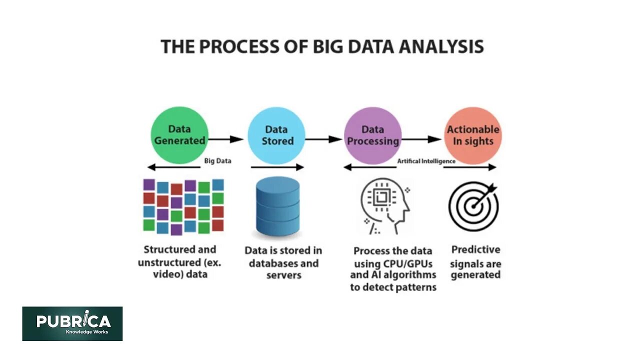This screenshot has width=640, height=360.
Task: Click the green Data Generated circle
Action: [179, 135]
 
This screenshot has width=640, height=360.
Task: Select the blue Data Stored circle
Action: [276, 135]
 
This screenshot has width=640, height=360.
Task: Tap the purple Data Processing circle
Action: [373, 135]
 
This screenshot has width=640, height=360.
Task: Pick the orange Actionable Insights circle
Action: [472, 135]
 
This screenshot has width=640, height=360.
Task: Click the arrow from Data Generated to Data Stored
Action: [225, 139]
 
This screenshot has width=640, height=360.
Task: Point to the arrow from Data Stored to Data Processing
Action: [323, 139]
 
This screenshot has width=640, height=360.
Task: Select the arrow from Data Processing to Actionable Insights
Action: [421, 139]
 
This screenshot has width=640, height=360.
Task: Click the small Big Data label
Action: [217, 161]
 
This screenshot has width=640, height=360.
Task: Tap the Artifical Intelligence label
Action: [426, 161]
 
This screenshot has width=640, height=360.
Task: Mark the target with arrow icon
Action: [473, 205]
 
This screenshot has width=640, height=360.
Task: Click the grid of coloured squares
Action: [183, 206]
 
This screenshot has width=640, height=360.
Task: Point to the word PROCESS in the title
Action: [230, 46]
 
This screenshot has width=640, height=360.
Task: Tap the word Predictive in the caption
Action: [475, 249]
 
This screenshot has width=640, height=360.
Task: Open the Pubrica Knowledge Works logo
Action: [72, 323]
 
